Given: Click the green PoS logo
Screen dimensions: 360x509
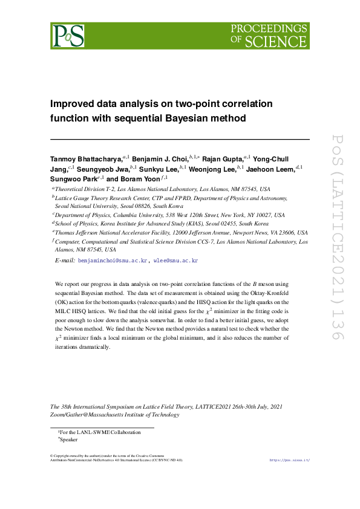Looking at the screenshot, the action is [x=67, y=36].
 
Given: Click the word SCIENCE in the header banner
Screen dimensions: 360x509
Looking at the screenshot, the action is [x=277, y=42].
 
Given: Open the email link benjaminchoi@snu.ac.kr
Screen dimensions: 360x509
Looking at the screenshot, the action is [x=113, y=261].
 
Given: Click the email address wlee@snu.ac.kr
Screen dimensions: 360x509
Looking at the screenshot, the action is [x=175, y=261].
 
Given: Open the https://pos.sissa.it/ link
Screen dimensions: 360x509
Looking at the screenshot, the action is [x=289, y=460].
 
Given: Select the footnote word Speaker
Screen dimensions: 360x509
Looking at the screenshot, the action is [x=68, y=441].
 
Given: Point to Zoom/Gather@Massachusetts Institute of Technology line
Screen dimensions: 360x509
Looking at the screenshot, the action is [x=114, y=415].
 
